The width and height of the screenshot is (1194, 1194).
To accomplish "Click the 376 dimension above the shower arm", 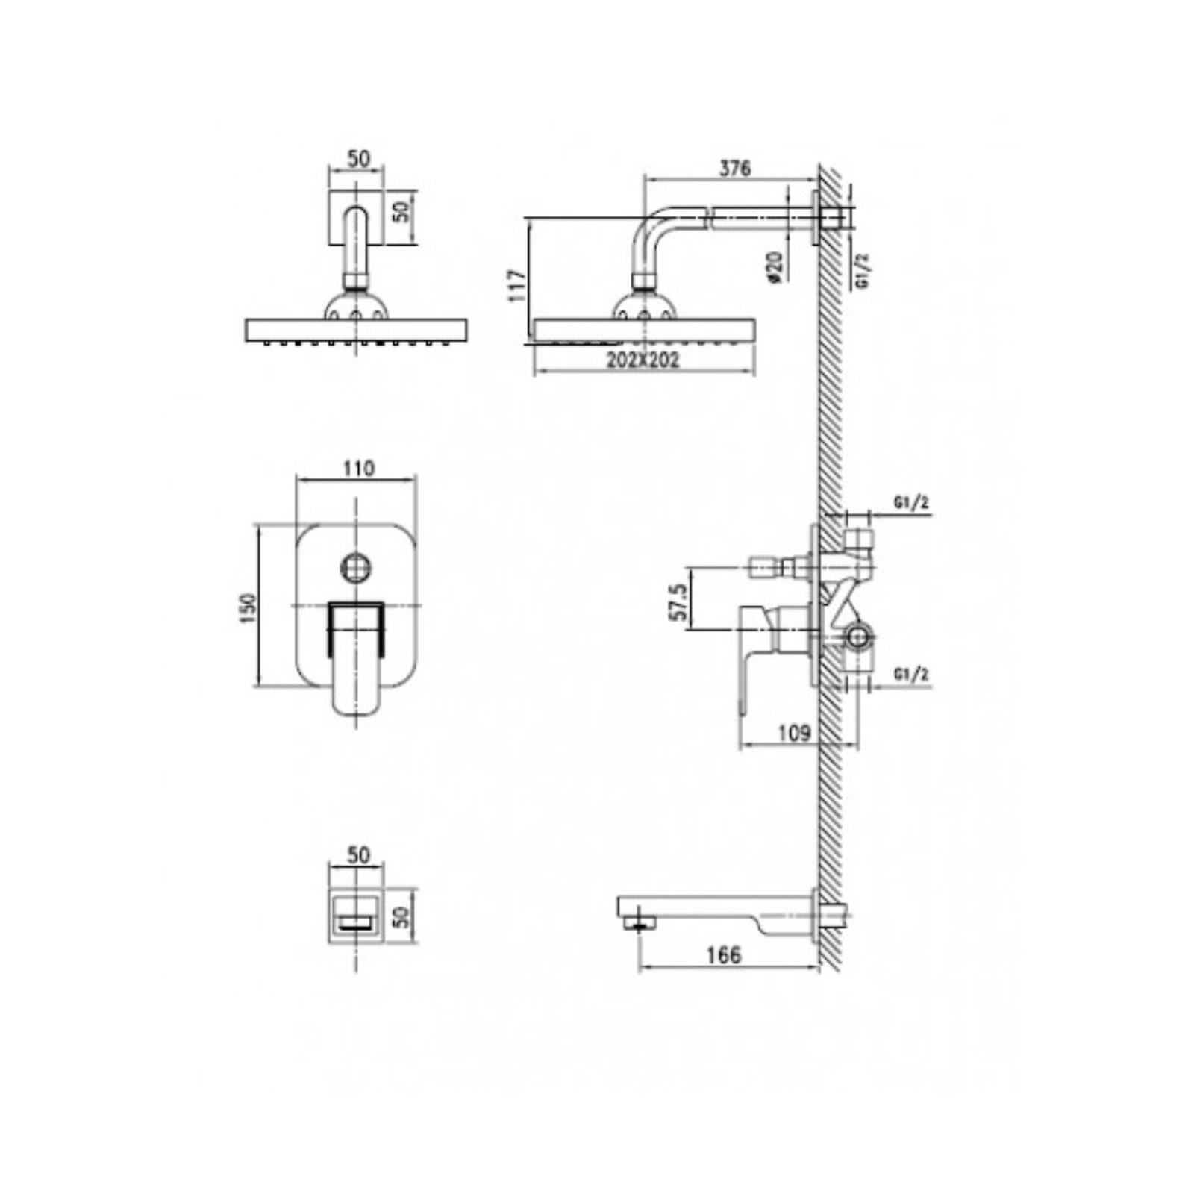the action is (734, 169).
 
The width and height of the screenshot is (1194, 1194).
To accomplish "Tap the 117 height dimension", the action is (517, 285).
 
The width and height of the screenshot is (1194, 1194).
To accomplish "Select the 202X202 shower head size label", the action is (643, 360).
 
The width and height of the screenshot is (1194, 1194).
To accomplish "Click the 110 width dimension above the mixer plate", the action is (358, 469).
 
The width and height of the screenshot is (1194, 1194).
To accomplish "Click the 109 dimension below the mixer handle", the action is (794, 733).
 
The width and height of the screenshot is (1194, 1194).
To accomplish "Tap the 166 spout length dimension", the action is (724, 955).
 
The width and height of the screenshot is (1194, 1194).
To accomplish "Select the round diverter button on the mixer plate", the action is (357, 568).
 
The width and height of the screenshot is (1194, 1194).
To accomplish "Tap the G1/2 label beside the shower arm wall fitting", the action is (863, 270).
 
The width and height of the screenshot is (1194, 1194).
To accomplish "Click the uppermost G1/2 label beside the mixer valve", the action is (911, 503).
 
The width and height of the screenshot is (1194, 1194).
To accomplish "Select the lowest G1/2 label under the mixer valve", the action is (911, 675).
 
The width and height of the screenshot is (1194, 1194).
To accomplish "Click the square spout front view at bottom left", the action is (357, 916).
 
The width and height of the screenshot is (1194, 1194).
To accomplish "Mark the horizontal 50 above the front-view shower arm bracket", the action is (359, 159).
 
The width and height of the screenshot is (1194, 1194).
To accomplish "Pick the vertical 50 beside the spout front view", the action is (401, 916).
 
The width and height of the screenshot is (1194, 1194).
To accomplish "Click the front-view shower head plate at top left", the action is (356, 330).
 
